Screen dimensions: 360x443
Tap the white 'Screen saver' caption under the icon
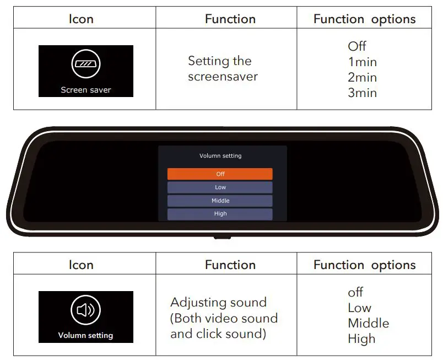point(86,90)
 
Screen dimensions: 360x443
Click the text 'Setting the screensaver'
point(223,69)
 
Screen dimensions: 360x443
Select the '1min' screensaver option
point(362,62)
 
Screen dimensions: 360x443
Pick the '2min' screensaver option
point(362,77)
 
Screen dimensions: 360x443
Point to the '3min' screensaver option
point(362,93)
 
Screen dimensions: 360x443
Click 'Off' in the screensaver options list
point(357,46)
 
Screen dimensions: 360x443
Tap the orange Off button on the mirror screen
point(220,174)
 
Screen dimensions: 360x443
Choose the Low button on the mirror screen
point(220,187)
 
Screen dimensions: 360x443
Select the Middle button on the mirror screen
point(220,201)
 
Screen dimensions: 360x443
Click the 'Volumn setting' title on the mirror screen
point(220,156)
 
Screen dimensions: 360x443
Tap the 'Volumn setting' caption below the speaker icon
point(86,335)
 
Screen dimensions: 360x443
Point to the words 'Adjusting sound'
point(218,303)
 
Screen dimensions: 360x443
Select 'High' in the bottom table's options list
point(361,338)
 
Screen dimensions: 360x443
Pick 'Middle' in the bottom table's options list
point(368,323)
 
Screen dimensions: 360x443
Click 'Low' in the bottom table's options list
point(359,308)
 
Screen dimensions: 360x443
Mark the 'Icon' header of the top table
point(81,19)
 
